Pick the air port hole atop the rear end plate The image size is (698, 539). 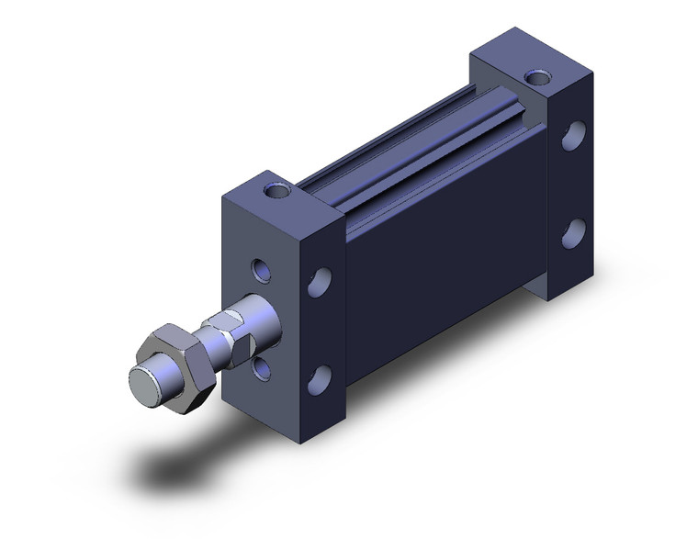tap(533, 77)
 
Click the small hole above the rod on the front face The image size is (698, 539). tap(263, 271)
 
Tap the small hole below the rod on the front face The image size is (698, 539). tap(263, 367)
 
